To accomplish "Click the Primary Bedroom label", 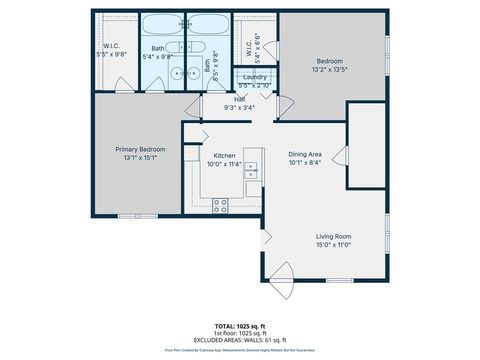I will coord(139,148).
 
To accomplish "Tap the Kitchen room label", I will coord(224,155).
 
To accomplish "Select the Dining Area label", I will coord(305,154).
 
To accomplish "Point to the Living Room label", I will coord(335,236).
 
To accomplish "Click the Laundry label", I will coord(254,77).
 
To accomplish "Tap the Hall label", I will coord(240,99).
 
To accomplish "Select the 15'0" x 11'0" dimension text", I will coord(335,245).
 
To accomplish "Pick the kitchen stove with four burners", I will coord(221,205).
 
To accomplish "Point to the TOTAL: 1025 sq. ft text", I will coord(240,326).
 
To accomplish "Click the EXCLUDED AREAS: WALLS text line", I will coord(240,340).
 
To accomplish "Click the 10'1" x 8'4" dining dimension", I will coord(305,163).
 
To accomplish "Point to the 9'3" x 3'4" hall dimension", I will coord(240,107).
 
